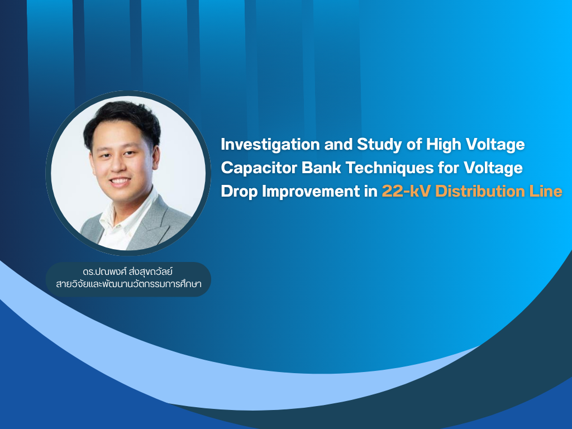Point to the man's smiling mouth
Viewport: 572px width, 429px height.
(x=120, y=182)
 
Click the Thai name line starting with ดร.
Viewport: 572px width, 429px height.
(x=128, y=272)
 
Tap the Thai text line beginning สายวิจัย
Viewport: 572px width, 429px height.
(x=128, y=284)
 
